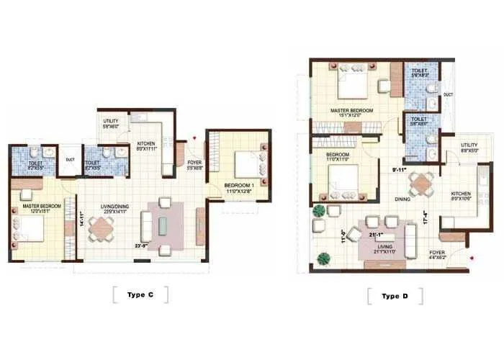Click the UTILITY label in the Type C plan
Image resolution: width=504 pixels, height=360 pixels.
(x=111, y=122)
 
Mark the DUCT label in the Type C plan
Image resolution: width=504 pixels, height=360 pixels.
(x=70, y=159)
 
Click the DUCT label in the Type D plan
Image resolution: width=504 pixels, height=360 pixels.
(x=448, y=94)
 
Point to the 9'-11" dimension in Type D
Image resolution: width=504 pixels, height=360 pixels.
(x=401, y=170)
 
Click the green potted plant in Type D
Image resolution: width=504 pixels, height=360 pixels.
(x=318, y=211)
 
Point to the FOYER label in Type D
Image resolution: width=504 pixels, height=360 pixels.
(x=436, y=253)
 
